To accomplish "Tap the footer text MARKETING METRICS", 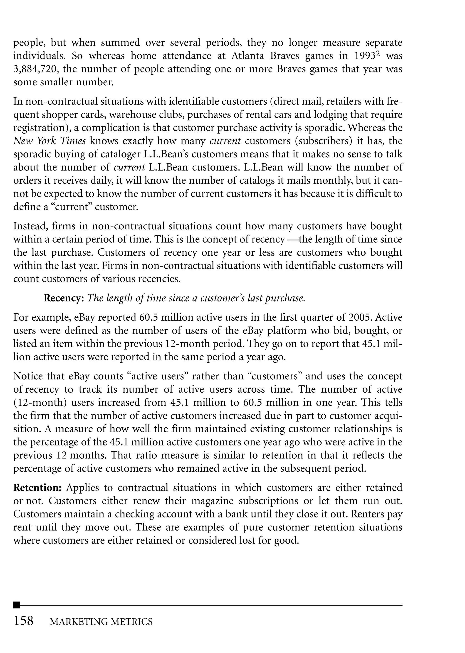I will (x=101, y=622).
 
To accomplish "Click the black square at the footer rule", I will (x=17, y=605).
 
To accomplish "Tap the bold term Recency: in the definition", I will (x=64, y=298).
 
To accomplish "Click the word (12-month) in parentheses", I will (x=40, y=403).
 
